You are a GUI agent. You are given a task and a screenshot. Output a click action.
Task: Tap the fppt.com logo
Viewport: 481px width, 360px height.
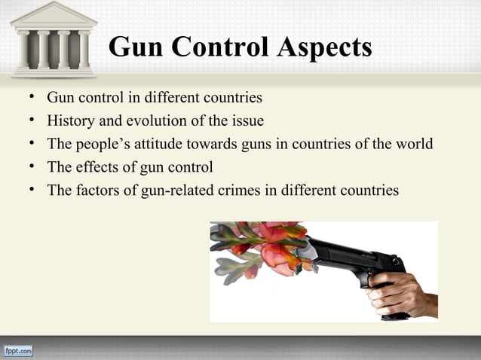click(x=18, y=351)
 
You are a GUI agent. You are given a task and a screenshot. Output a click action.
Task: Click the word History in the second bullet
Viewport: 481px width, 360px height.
click(x=70, y=121)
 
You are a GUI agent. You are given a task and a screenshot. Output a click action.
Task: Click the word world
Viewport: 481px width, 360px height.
click(x=414, y=144)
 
